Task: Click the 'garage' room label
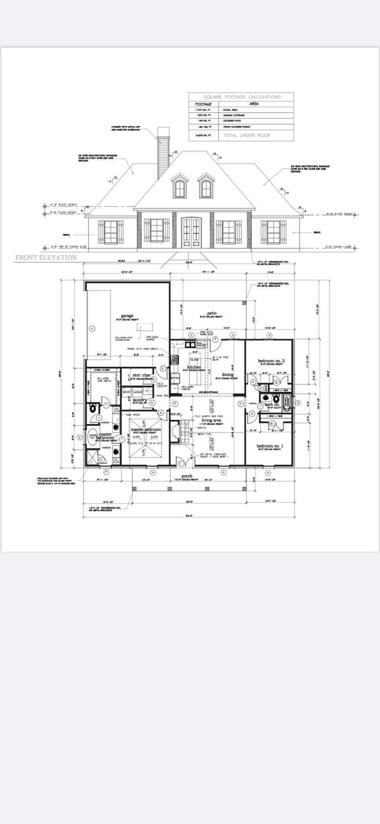127,316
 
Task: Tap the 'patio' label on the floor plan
212,313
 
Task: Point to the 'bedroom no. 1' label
270,446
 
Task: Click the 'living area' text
211,420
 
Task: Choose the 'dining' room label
227,375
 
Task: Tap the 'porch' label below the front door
187,476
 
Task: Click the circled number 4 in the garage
92,329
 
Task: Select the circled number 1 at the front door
181,464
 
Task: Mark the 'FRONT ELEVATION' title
46,257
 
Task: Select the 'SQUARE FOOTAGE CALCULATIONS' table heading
242,97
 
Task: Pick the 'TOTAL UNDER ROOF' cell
247,136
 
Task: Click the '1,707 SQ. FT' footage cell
203,109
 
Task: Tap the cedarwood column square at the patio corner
244,302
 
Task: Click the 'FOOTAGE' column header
203,104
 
